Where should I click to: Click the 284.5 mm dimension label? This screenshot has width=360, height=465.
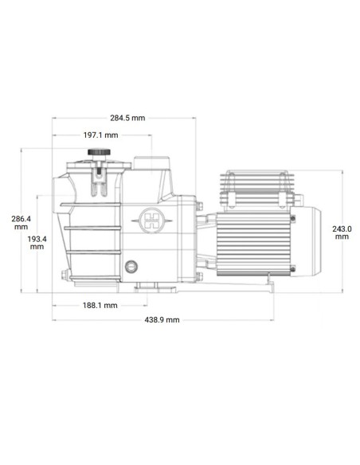(x=127, y=118)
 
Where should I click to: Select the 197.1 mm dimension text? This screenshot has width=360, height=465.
(x=100, y=135)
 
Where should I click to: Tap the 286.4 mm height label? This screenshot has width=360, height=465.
(x=22, y=222)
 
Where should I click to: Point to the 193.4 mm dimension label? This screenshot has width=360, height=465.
(x=37, y=242)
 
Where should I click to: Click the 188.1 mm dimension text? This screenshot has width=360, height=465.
(x=100, y=305)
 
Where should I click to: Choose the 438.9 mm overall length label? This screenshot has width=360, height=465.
(x=162, y=319)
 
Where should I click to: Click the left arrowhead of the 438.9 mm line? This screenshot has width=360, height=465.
(x=55, y=319)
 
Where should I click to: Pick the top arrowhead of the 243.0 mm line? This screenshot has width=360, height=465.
(x=343, y=172)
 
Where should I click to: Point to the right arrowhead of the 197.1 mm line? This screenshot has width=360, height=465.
(x=151, y=135)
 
